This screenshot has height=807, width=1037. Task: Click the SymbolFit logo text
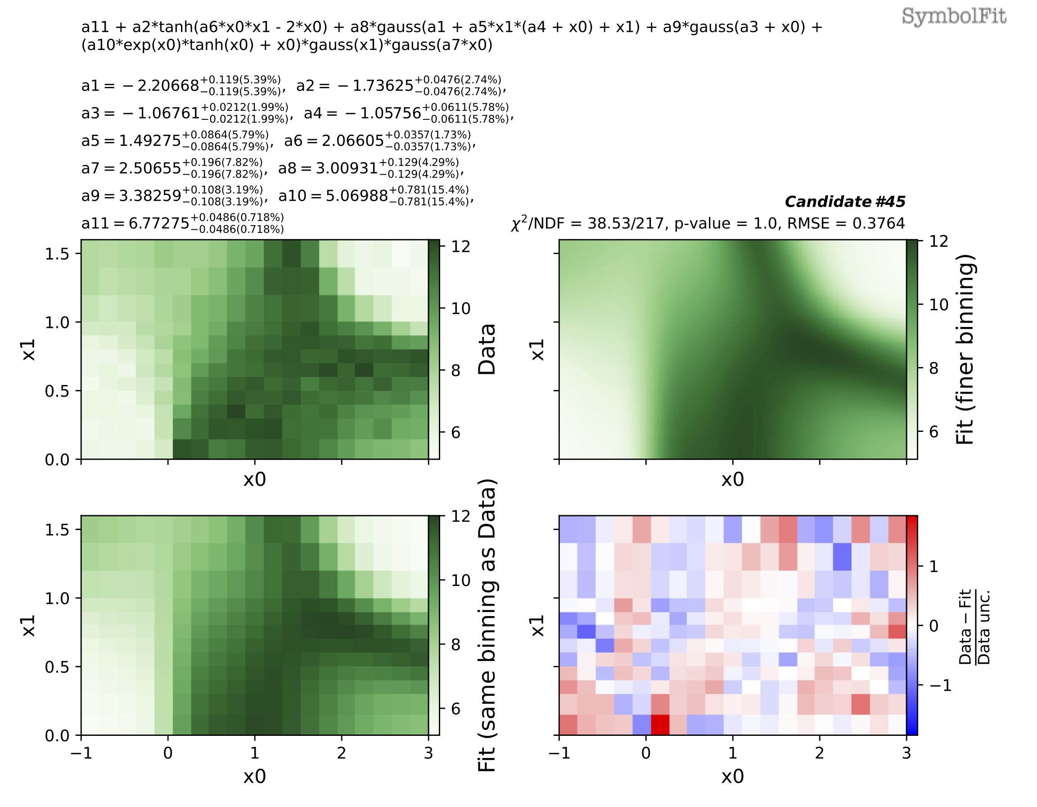click(953, 17)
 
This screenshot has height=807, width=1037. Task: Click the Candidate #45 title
click(845, 202)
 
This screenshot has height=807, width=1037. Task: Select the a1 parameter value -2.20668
click(161, 86)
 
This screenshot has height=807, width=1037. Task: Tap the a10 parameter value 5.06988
click(356, 196)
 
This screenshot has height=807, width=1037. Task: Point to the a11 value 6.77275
click(158, 223)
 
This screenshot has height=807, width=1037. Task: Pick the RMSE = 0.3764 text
click(846, 224)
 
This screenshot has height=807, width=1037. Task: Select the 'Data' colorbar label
click(487, 349)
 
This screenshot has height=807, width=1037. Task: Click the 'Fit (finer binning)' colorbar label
click(965, 349)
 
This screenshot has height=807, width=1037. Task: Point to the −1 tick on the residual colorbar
click(939, 685)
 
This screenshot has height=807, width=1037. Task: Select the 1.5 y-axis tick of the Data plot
click(57, 254)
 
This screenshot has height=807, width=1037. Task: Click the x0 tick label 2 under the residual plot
click(820, 753)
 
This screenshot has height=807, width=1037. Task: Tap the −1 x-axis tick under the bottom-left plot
click(81, 753)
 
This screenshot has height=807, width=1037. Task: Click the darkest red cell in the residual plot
click(660, 725)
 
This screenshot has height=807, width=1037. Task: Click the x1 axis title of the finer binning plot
click(537, 349)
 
